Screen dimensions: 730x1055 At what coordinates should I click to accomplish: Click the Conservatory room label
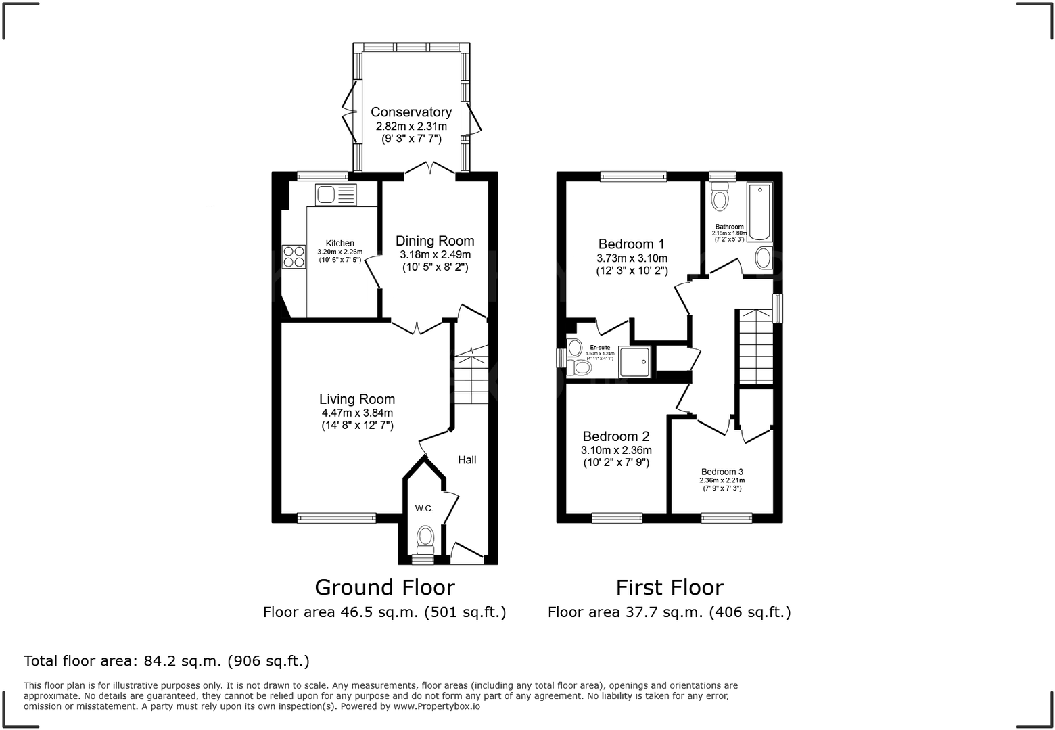[x=411, y=112]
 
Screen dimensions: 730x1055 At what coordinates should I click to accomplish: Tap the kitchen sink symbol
[x=335, y=195]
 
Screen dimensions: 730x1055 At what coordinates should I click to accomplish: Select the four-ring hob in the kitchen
[x=294, y=256]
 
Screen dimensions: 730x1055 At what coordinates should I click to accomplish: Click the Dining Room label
[x=435, y=241]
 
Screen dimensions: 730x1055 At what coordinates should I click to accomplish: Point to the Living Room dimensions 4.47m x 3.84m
[x=357, y=413]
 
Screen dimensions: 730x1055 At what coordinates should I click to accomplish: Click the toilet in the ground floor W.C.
[x=425, y=538]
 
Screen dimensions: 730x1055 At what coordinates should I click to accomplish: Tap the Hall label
[x=467, y=460]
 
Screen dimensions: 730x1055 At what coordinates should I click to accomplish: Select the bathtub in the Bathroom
[x=760, y=212]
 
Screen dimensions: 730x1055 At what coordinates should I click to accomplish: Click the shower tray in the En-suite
[x=634, y=361]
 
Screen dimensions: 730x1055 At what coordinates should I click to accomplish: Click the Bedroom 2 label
[x=615, y=436]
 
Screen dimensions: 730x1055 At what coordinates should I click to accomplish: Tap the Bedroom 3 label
[x=722, y=472]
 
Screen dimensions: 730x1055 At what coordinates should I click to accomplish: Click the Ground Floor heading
[x=384, y=587]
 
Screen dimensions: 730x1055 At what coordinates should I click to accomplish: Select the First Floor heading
[x=669, y=587]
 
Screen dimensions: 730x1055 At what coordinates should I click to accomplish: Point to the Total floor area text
[x=166, y=660]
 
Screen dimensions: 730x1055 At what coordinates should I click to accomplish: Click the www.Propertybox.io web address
[x=437, y=706]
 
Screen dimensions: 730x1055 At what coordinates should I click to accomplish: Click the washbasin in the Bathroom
[x=763, y=258]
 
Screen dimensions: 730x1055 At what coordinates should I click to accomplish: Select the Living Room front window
[x=336, y=518]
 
